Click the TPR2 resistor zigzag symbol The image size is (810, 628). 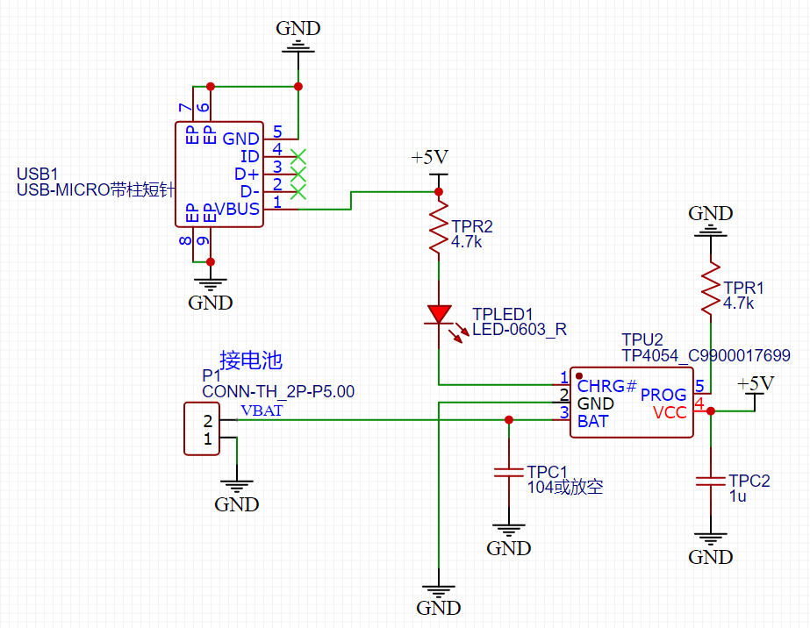439,226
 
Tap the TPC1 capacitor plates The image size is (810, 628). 509,472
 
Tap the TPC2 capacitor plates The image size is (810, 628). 710,482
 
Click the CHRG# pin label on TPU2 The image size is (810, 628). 607,386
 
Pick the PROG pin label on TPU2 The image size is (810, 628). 663,395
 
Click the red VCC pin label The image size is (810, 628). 670,412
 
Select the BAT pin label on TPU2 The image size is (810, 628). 592,421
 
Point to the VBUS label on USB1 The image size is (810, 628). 237,209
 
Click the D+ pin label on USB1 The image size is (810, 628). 247,174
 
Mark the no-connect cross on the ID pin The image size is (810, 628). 298,156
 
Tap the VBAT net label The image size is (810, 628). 262,410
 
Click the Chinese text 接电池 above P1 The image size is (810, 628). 251,360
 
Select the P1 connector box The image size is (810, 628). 202,429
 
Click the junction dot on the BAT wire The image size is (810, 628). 509,420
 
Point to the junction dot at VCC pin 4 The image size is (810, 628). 710,411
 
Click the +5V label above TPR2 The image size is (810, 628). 430,157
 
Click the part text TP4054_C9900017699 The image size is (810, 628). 706,355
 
